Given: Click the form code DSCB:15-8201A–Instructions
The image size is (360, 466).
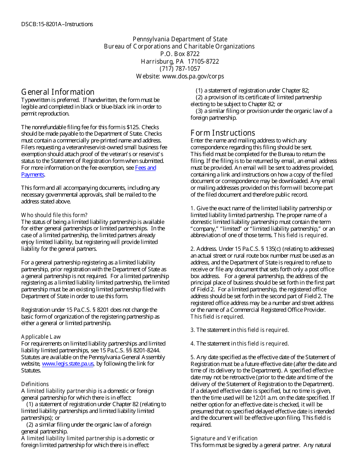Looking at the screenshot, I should pos(57,24).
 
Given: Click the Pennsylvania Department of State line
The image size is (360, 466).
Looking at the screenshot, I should pos(180,39).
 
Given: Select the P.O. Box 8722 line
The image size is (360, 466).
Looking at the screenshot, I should pos(180,54).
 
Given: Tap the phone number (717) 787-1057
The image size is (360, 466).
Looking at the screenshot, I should pos(180,69).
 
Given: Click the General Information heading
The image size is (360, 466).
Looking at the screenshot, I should pos(58,92).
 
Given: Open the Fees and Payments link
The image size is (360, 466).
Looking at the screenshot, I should pos(145,168).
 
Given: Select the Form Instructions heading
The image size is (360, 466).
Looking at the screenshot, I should pos(223,133).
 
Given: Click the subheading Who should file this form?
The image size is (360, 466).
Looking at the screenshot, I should pos(54,215).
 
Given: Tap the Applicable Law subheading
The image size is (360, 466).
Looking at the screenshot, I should pos(41,336).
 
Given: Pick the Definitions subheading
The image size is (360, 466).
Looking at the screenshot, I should pos(35,384).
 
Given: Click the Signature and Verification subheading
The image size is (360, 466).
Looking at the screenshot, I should pos(224,438).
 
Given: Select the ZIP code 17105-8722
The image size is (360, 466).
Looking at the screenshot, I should pos(203,61).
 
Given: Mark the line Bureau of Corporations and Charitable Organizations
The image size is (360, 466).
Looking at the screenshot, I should pos(179,46).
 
